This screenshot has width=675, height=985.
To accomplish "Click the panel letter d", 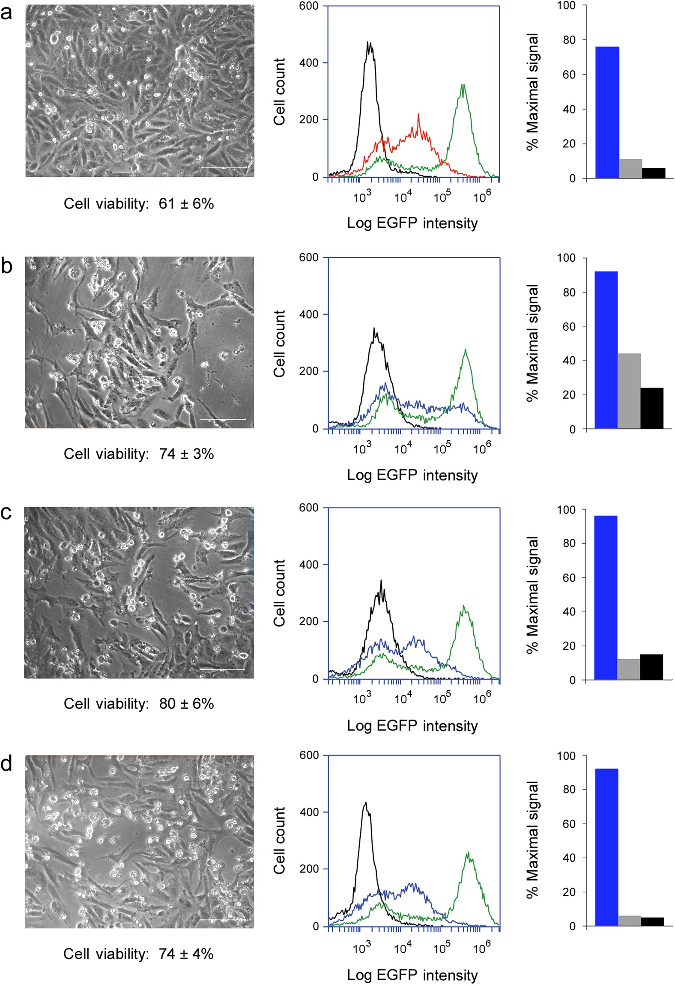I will pyautogui.click(x=6, y=764).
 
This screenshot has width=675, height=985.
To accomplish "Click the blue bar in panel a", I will pyautogui.click(x=607, y=112).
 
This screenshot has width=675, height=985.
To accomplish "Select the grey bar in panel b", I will pyautogui.click(x=629, y=391).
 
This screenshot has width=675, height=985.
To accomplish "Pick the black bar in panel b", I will pyautogui.click(x=651, y=408).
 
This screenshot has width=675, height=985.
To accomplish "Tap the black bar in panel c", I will pyautogui.click(x=651, y=666).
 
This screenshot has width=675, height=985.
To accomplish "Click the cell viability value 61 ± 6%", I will pyautogui.click(x=186, y=204).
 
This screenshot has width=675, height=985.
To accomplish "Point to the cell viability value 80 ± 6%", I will pyautogui.click(x=186, y=703).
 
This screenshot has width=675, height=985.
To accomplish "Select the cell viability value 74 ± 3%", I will pyautogui.click(x=186, y=454).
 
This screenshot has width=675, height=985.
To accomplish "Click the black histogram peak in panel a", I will pyautogui.click(x=369, y=43).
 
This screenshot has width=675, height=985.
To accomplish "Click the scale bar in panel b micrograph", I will pyautogui.click(x=223, y=419).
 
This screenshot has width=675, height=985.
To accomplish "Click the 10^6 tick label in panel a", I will pyautogui.click(x=482, y=197).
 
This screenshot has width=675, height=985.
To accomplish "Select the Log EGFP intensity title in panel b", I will pyautogui.click(x=412, y=475).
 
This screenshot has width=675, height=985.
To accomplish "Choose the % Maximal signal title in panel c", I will pyautogui.click(x=532, y=594).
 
